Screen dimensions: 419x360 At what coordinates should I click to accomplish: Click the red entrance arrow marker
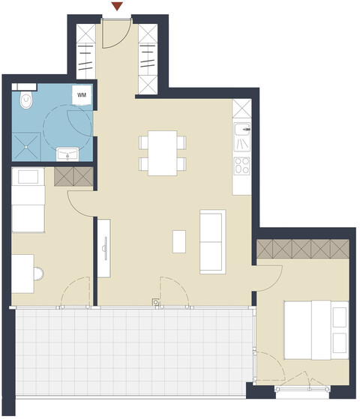coord(116,7)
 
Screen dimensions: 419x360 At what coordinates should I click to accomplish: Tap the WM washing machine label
coord(82,96)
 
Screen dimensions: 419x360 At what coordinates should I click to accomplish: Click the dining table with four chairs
coord(162,153)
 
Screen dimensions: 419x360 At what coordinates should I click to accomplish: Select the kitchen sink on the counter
coord(243,137)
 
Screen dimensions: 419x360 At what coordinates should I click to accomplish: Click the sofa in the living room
coord(212,241)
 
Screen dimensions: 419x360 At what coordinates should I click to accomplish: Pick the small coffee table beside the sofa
coord(180,242)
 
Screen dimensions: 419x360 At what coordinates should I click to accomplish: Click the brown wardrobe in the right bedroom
coord(303,250)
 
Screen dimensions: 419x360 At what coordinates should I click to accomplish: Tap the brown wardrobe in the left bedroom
coord(73,177)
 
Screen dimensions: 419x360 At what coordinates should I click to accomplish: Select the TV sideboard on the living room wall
coord(106,247)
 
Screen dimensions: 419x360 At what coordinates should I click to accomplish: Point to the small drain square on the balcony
coord(156,303)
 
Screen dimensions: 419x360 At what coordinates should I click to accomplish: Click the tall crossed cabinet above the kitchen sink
coord(241,111)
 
